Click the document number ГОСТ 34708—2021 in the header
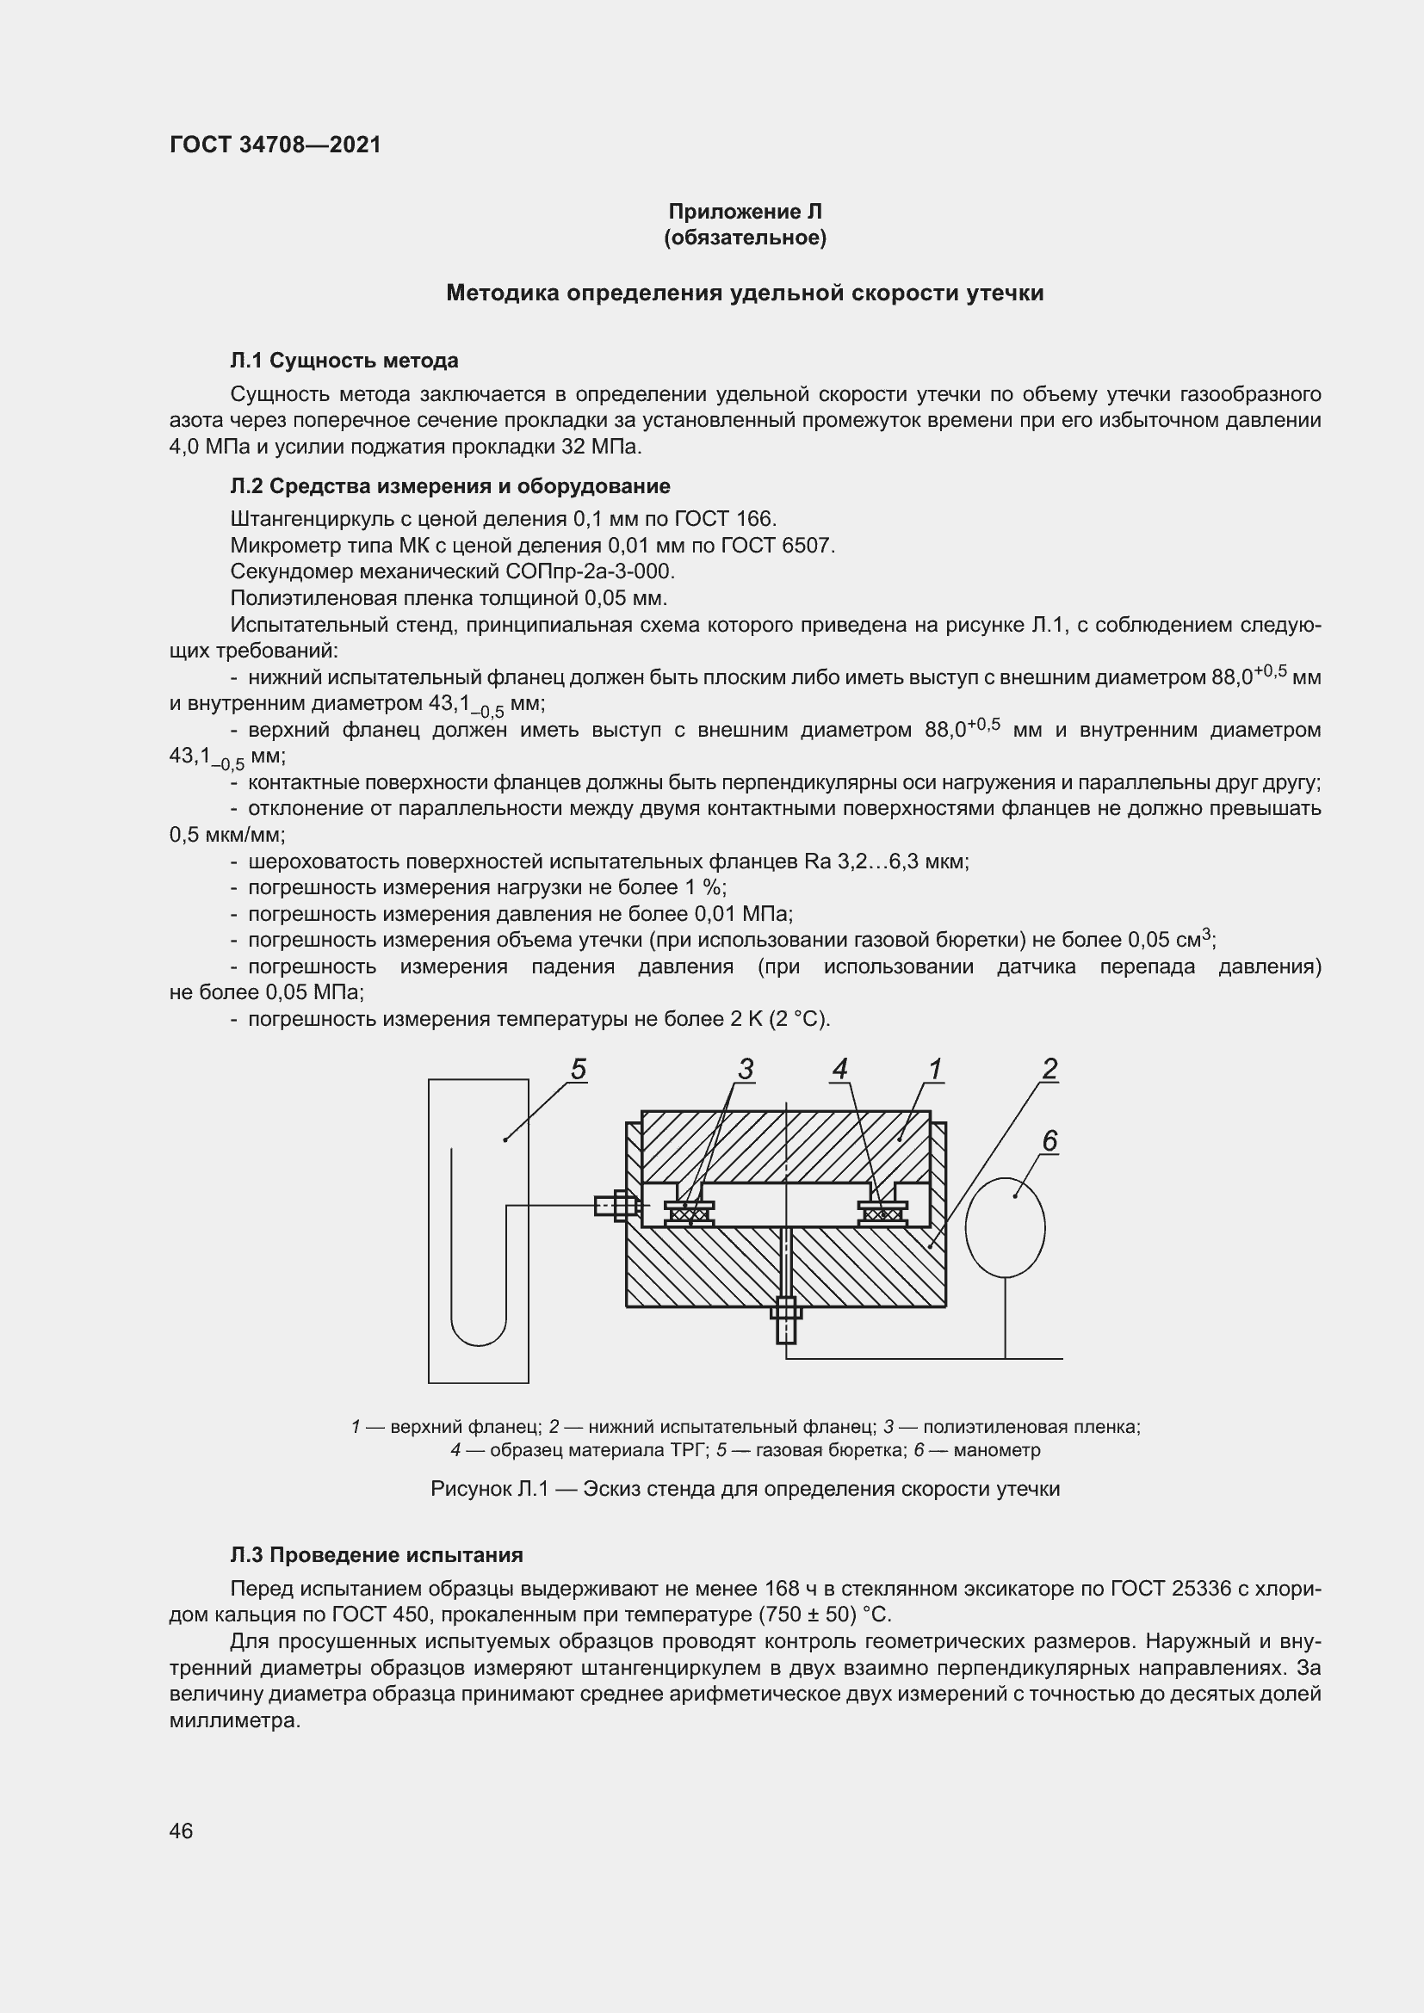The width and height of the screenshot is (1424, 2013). pyautogui.click(x=276, y=145)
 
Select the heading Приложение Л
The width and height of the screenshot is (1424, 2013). pyautogui.click(x=745, y=212)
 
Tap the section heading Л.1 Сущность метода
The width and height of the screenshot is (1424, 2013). pyautogui.click(x=344, y=361)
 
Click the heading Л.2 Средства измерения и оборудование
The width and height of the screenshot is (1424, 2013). pyautogui.click(x=449, y=485)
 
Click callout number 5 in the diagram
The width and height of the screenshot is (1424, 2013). pyautogui.click(x=578, y=1070)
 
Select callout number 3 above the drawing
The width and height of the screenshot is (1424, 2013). pyautogui.click(x=745, y=1070)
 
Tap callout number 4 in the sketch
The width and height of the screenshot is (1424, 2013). pyautogui.click(x=839, y=1070)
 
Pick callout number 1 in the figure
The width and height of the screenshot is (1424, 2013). pyautogui.click(x=935, y=1070)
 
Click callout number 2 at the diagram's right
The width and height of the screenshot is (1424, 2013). pyautogui.click(x=1049, y=1070)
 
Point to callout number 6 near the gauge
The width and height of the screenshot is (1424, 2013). pyautogui.click(x=1049, y=1140)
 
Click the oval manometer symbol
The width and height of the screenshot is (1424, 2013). pyautogui.click(x=1005, y=1226)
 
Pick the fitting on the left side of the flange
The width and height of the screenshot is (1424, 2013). pyautogui.click(x=615, y=1206)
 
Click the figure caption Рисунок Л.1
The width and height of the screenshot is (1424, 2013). pyautogui.click(x=745, y=1489)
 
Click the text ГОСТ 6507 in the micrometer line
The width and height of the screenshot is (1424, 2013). pyautogui.click(x=775, y=546)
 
